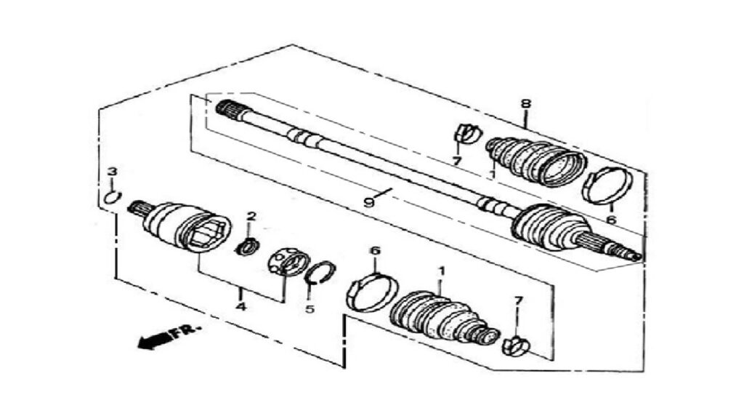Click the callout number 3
point(111,172)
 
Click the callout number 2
point(251,217)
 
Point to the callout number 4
point(241,307)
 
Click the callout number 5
point(310,309)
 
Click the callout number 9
point(368,203)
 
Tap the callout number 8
point(526,103)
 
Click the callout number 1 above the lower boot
point(441,272)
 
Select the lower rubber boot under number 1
point(444,316)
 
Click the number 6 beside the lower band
point(376,250)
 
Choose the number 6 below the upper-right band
point(610,220)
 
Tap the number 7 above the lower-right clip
point(518,300)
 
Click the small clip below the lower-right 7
point(515,346)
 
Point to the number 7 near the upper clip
point(456,161)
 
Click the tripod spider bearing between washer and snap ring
point(288,263)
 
